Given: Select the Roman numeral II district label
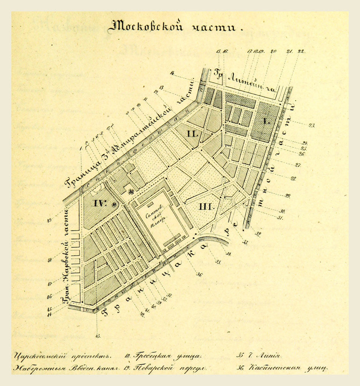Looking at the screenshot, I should (192, 134).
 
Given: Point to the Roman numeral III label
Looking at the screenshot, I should (207, 207).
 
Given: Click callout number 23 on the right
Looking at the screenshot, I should (311, 126).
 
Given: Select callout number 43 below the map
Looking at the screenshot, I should (98, 336).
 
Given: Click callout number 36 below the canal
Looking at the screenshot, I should (199, 274).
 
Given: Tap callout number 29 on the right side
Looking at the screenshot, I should (288, 196).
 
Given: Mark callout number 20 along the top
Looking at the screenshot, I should (273, 51).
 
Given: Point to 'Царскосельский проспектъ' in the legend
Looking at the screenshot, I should (63, 356).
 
